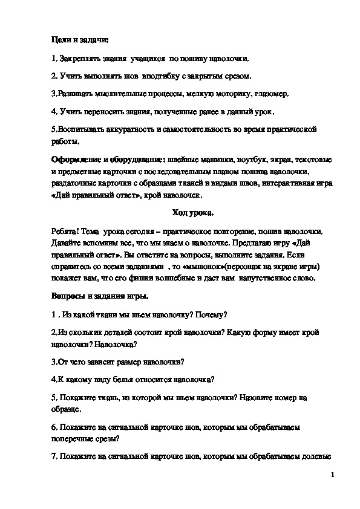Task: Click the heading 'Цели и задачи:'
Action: [79, 41]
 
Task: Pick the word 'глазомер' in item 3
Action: [273, 94]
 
